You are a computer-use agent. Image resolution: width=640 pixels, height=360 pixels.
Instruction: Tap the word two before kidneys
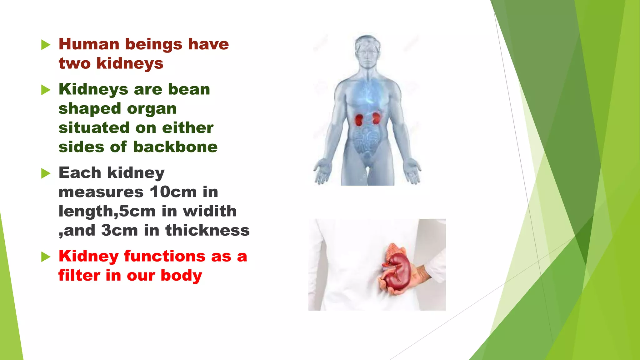(74, 63)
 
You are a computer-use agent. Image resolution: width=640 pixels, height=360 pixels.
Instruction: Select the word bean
(189, 89)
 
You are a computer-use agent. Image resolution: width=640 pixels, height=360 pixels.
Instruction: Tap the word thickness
(207, 230)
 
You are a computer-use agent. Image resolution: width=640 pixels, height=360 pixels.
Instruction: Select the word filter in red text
(79, 276)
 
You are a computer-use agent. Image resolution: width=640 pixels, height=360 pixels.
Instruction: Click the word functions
(165, 256)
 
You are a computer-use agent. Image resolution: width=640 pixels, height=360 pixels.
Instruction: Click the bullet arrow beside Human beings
(46, 45)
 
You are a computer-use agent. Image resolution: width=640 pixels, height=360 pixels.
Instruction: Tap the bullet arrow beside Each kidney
(46, 173)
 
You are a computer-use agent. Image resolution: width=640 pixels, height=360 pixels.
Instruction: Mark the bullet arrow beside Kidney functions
(46, 257)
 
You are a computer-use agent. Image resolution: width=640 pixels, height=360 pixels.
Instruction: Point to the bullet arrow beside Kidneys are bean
(46, 90)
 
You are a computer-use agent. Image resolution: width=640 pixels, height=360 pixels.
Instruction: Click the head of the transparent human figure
(368, 50)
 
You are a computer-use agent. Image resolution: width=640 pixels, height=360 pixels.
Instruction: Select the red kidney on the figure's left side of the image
(359, 120)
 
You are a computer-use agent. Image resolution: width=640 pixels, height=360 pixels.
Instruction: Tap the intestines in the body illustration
(367, 141)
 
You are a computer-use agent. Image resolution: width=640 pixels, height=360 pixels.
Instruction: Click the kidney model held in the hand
(395, 271)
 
